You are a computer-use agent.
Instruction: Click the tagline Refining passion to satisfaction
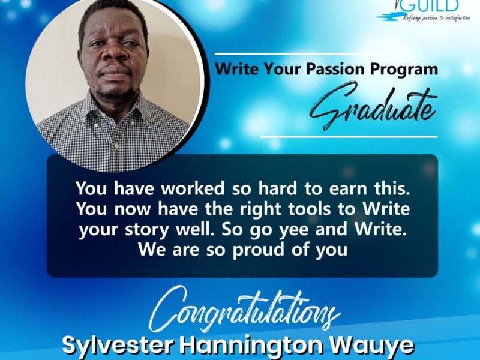click(437, 18)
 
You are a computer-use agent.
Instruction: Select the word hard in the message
click(278, 188)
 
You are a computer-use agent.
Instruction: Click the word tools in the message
click(310, 209)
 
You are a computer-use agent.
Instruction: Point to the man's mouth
click(114, 73)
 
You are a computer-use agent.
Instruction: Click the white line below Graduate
click(349, 137)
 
